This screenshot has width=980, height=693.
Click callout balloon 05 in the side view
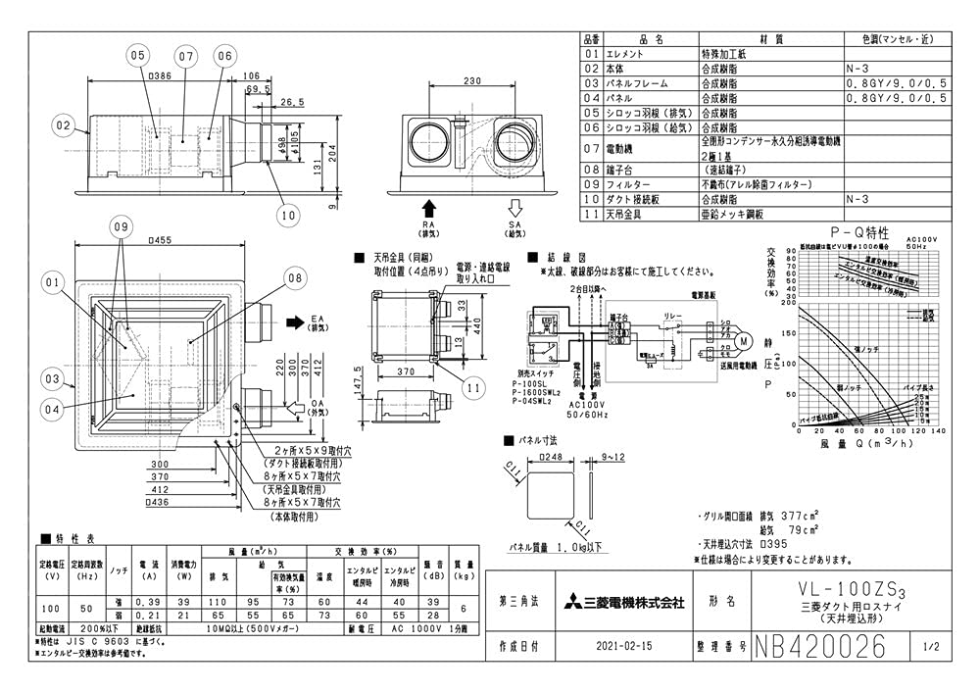135,55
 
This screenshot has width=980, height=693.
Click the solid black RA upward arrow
428,209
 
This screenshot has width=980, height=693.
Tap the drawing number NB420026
821,647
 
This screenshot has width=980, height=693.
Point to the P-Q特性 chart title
859,233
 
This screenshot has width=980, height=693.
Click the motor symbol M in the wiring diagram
742,341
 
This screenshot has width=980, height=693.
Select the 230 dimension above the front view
473,81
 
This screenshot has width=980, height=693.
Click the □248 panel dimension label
555,456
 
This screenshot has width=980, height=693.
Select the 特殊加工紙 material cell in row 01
727,55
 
